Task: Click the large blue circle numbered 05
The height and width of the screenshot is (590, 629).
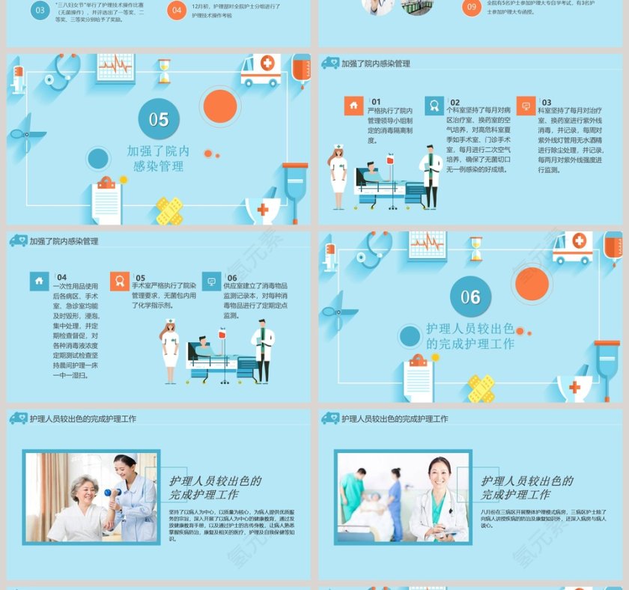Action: coord(159,119)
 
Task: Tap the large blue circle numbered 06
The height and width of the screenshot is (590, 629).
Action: coord(470,296)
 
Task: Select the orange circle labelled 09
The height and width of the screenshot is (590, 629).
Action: coord(471,8)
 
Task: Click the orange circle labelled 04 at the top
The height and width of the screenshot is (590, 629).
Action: coord(177,10)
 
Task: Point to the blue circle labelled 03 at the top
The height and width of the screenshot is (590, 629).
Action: coord(40,10)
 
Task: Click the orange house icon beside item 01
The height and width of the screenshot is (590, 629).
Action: coord(353,106)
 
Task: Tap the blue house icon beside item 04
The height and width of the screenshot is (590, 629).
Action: coord(40,282)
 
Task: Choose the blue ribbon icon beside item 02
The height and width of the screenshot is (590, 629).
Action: coord(434,106)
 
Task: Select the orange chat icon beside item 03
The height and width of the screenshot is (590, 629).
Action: coord(526,106)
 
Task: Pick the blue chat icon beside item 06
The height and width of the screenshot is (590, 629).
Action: coord(211,282)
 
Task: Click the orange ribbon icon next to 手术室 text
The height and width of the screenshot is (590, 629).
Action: coord(119,282)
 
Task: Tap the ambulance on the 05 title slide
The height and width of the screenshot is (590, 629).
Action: coord(261,70)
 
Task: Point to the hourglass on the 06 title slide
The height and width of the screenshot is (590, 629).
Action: coord(476,248)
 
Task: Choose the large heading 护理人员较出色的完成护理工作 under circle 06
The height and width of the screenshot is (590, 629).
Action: coord(470,336)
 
